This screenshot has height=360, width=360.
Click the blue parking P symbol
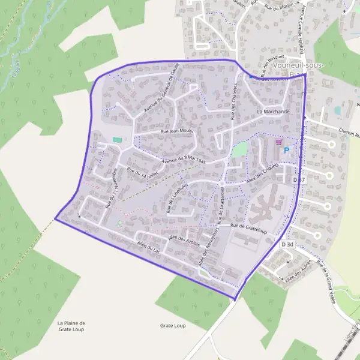point(286,150)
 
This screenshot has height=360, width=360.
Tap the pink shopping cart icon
point(278,142)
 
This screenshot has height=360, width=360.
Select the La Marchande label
point(273,112)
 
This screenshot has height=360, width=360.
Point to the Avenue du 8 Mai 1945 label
point(184,160)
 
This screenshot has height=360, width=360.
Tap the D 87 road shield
point(299,179)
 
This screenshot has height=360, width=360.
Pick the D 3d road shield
point(288,244)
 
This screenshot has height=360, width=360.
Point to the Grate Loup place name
point(173,325)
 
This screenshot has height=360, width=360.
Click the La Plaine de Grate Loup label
point(71,326)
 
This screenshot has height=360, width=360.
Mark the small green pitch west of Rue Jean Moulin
point(116,140)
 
